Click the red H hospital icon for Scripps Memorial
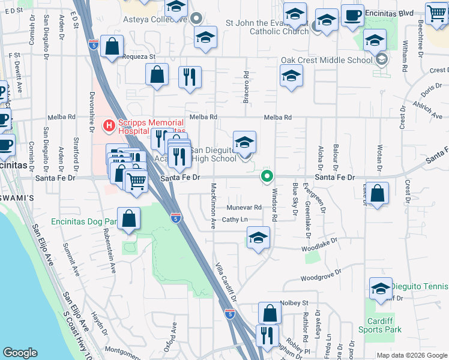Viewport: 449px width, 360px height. pos(109,125)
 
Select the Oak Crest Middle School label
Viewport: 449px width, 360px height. pos(327,60)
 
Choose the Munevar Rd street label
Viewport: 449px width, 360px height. pos(244,207)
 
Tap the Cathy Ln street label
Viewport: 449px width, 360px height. pos(235,220)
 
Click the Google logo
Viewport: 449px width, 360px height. pos(20,353)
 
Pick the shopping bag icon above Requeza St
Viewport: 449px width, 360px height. pos(112,46)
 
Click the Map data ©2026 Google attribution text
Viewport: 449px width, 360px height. pos(411,355)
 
